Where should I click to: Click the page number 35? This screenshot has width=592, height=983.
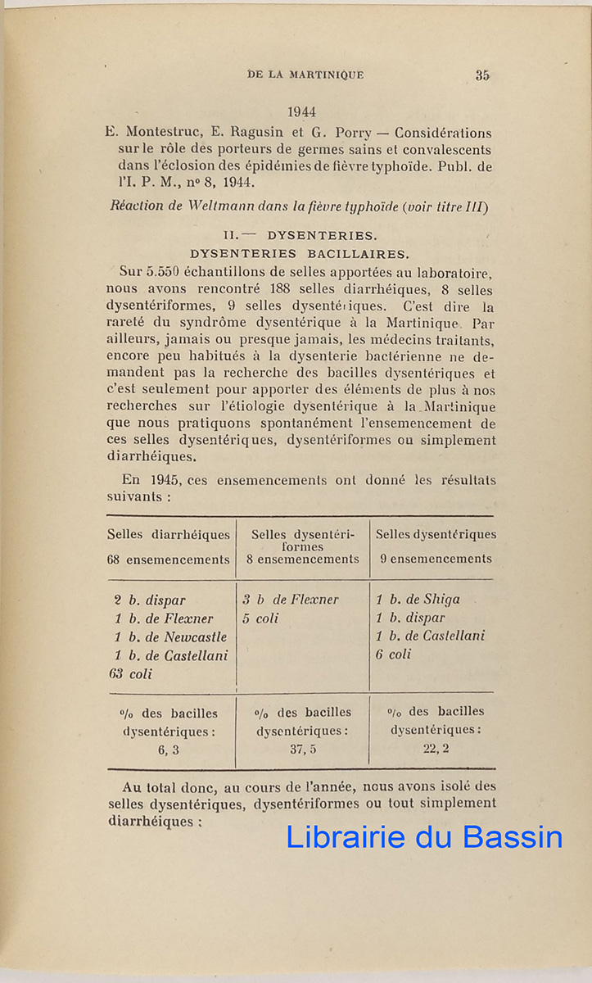[482, 75]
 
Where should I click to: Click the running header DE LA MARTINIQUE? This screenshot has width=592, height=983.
[305, 75]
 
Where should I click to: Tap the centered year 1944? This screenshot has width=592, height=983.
[301, 112]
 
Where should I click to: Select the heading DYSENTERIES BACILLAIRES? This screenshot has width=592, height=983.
[300, 254]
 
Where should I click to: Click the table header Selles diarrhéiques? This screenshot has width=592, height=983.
[168, 535]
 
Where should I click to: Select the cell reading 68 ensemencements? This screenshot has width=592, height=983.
[168, 560]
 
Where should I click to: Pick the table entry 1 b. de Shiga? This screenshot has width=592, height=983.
[418, 600]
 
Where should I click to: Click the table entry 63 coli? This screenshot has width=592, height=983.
[130, 674]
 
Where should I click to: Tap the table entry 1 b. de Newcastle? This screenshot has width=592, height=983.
[170, 637]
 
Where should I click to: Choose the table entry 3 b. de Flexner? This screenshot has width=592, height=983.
[290, 600]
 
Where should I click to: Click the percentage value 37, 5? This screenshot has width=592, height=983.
[303, 749]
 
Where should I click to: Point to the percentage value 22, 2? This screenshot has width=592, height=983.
[435, 748]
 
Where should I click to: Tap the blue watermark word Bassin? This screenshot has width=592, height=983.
[513, 837]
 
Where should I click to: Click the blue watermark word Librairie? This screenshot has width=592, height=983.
[345, 837]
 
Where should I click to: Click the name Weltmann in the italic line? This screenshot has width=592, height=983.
[237, 207]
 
